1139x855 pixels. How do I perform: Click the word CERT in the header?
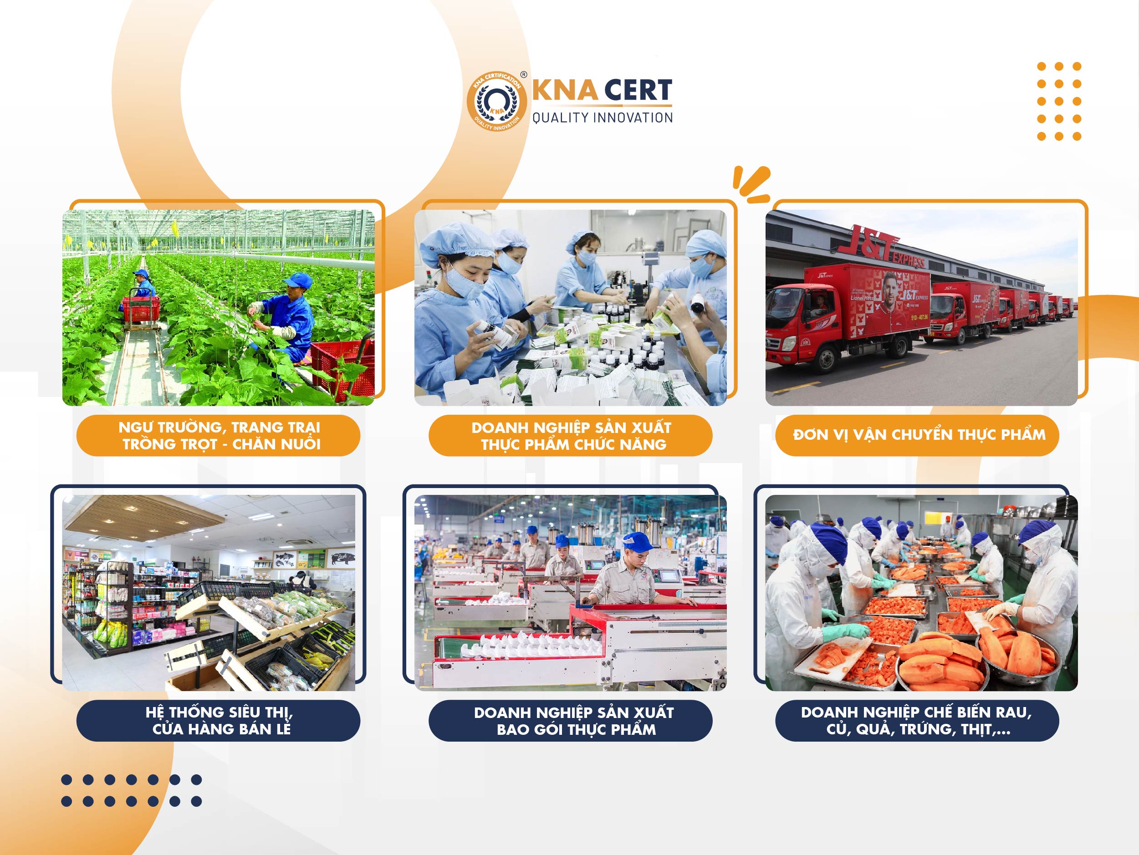coord(638,91)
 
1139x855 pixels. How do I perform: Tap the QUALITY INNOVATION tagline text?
coord(603,118)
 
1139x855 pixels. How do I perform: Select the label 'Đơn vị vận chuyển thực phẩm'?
coord(919,435)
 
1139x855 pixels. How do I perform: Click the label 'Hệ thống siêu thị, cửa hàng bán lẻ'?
coord(219,721)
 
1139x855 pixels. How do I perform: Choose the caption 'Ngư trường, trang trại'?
coord(220,427)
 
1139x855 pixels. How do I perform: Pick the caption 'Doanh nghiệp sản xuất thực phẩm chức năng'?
coord(572,436)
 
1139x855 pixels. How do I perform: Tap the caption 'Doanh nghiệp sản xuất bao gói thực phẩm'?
coord(574,721)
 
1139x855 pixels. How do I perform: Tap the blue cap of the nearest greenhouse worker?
coord(298,280)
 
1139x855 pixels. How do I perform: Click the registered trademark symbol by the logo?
coord(524,75)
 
